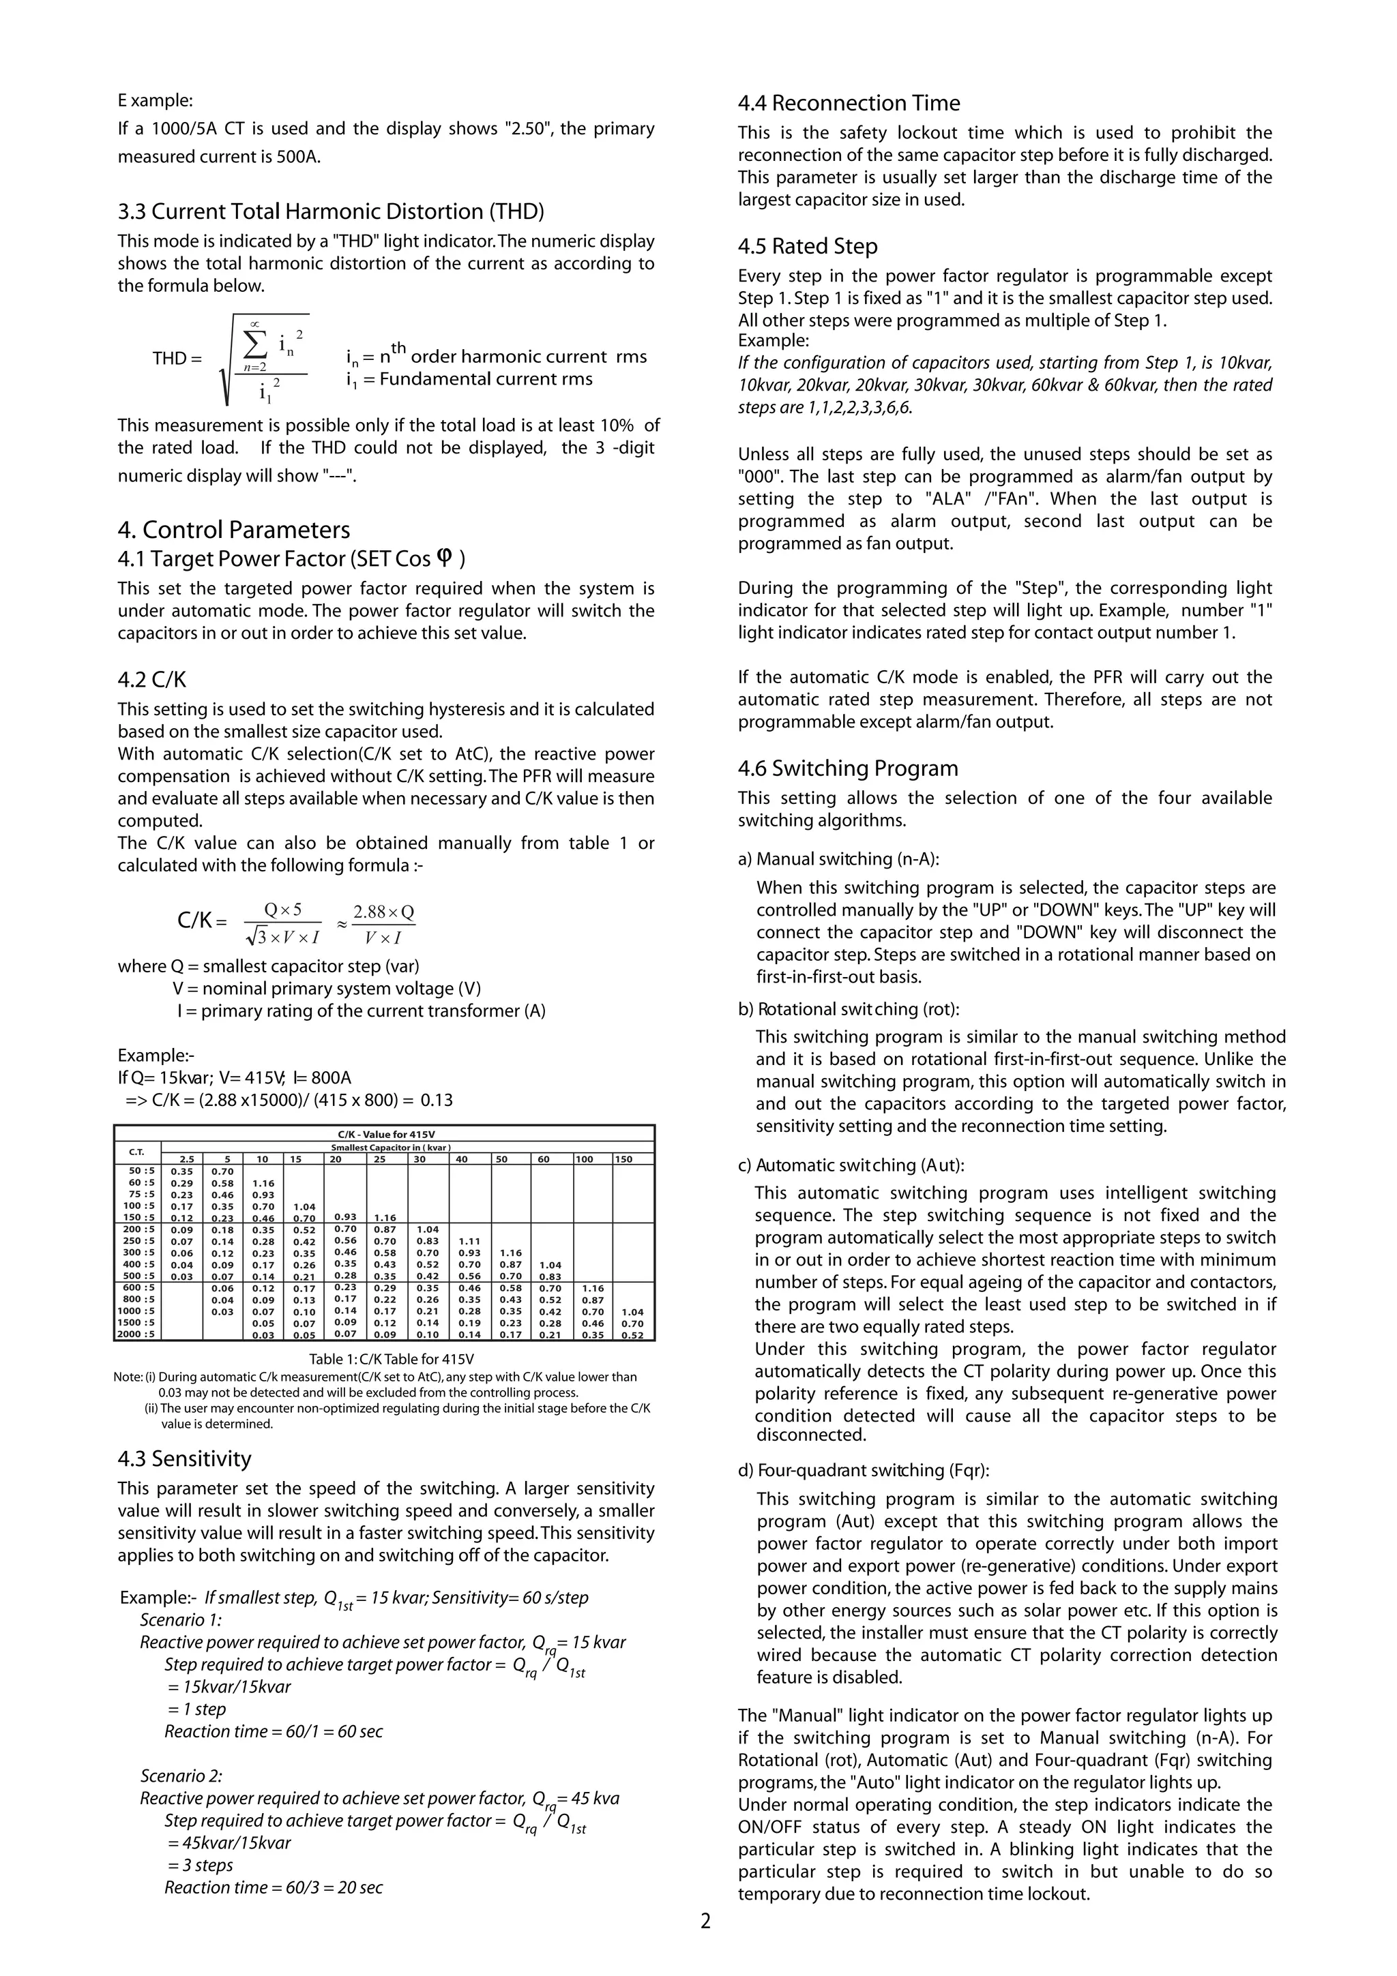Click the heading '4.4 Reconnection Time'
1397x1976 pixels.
848,103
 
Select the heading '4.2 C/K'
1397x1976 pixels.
151,680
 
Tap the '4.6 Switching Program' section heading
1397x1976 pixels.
847,768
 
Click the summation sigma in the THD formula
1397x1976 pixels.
255,344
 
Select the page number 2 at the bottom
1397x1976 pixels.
706,1921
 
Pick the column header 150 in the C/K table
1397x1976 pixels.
623,1159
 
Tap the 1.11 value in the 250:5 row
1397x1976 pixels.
469,1241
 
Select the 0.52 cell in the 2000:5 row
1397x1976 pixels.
632,1336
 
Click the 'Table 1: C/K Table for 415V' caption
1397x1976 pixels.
392,1360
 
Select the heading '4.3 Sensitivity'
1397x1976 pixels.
184,1458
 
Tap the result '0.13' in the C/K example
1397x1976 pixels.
437,1100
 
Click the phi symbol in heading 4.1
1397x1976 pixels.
444,558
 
